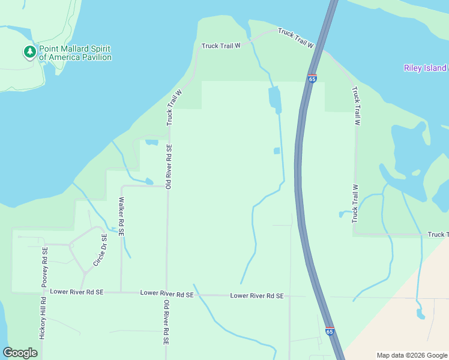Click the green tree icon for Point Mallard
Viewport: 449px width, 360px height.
pyautogui.click(x=29, y=53)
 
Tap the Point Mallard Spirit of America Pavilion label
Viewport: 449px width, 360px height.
pyautogui.click(x=75, y=53)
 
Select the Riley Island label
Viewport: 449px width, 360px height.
pyautogui.click(x=425, y=68)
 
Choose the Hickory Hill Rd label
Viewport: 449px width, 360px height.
pyautogui.click(x=43, y=319)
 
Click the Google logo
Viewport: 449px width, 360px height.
pyautogui.click(x=20, y=353)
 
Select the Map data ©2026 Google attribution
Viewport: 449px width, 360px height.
pyautogui.click(x=412, y=355)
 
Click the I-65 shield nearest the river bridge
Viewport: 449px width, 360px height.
pyautogui.click(x=312, y=79)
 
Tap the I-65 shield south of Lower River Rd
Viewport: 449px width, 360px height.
pyautogui.click(x=330, y=331)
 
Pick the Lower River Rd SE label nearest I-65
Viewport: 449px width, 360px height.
pyautogui.click(x=256, y=296)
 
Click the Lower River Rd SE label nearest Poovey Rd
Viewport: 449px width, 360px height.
pyautogui.click(x=77, y=292)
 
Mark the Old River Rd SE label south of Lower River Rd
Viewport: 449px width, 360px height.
pyautogui.click(x=166, y=323)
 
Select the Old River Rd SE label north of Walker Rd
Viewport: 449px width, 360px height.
pyautogui.click(x=169, y=167)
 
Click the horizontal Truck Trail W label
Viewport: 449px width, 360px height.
pyautogui.click(x=221, y=45)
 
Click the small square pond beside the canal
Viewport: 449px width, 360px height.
pyautogui.click(x=277, y=151)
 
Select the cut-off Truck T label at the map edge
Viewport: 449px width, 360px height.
pyautogui.click(x=438, y=234)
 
